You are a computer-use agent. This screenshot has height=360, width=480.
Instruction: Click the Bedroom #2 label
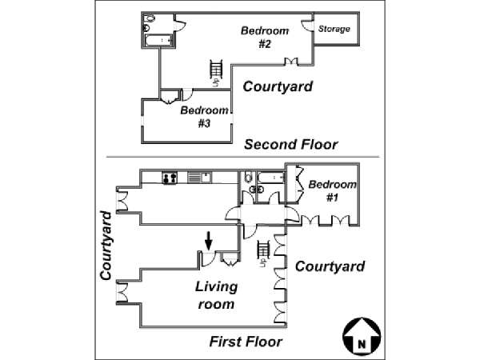[265, 37]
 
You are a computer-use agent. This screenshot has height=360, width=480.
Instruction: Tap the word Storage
[334, 30]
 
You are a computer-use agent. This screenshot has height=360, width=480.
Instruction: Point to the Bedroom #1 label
[332, 191]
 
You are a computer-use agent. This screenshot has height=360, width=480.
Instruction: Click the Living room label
[216, 295]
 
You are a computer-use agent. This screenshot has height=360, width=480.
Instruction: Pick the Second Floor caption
[290, 145]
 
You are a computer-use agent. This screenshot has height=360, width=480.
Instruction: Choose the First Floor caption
[246, 342]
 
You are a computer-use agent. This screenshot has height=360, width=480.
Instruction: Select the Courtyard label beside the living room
[330, 267]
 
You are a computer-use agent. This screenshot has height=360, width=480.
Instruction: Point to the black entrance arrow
[209, 239]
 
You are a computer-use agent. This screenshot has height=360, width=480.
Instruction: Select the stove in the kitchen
[170, 177]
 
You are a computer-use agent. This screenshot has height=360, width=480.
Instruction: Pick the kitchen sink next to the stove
[197, 177]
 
